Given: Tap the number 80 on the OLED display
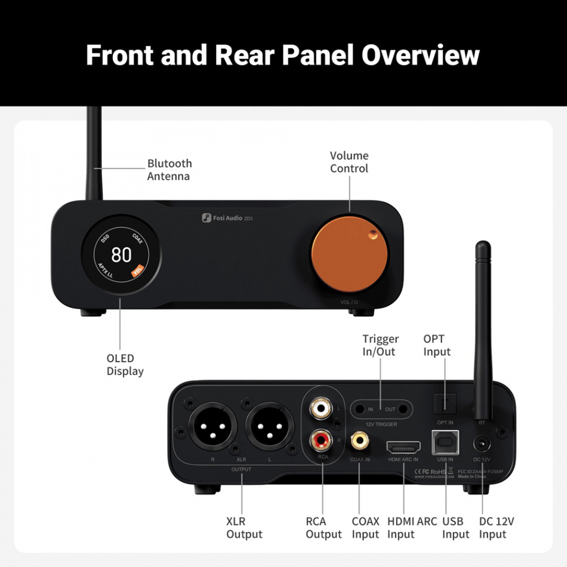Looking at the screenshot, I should (x=121, y=255).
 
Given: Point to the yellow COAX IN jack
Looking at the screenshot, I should (x=360, y=441).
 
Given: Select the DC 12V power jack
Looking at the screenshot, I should (x=481, y=445).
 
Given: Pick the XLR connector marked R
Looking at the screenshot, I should (x=212, y=429).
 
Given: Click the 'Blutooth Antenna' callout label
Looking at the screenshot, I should (x=170, y=170).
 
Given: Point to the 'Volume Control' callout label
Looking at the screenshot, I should (x=349, y=162).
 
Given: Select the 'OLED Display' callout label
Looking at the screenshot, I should (x=125, y=365).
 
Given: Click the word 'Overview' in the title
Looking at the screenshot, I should (x=420, y=55).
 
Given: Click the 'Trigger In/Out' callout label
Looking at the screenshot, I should (x=380, y=346).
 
